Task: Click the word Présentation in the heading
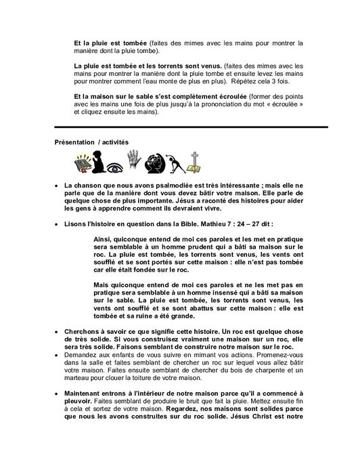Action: point(73,142)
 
